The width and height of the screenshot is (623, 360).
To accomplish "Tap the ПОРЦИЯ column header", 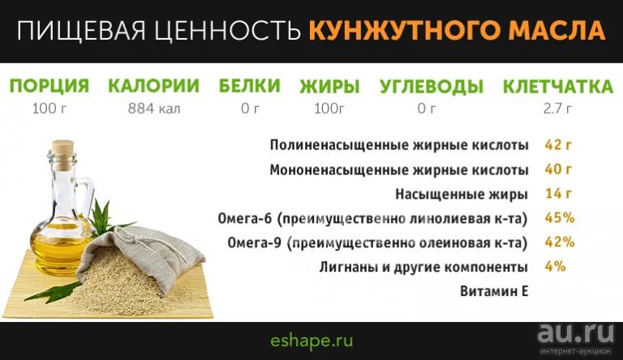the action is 49,86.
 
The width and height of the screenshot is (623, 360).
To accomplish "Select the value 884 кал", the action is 154,108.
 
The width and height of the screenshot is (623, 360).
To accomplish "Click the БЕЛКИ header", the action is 250,86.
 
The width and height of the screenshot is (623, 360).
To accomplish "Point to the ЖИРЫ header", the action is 330,86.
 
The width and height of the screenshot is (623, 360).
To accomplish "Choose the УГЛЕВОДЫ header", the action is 432,87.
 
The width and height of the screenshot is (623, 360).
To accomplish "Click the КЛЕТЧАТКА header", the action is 558,87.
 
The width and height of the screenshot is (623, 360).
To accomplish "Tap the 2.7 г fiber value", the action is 557,108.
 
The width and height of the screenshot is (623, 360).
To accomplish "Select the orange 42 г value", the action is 558,144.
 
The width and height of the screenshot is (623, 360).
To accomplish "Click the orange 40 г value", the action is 558,169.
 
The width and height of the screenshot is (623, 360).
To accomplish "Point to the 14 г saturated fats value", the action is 558,194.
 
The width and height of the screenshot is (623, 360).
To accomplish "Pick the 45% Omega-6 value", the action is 560,218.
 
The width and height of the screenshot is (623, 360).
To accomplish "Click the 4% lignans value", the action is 555,266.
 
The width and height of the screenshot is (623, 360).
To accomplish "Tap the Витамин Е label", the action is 494,291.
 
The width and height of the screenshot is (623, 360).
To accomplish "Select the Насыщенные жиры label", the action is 462,195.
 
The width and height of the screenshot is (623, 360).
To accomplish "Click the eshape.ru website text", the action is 311,341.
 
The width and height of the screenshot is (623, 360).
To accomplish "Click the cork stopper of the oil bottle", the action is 63,153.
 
